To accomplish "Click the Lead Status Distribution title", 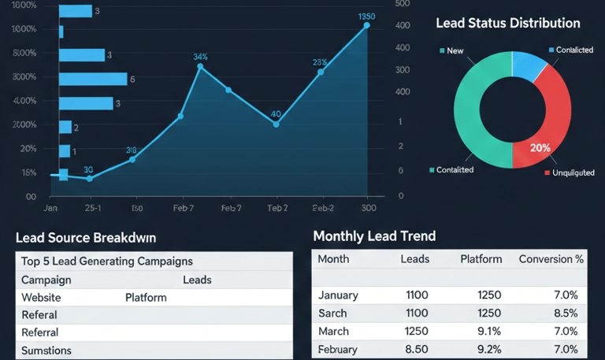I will pos(507,24).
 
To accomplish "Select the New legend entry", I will pos(455,50).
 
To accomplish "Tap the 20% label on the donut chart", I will pos(540,148).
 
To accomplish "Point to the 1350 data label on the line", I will pos(366,17).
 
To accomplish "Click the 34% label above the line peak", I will pos(200,57).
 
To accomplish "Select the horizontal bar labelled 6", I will pos(93,79).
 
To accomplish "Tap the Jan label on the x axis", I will pos(50,208).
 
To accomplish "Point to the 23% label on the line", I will pos(320,62).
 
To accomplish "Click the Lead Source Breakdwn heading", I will pos(86,236).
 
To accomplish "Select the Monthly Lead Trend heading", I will pos(374,236).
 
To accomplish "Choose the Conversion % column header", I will pos(551,258).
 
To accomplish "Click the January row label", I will pos(338,295).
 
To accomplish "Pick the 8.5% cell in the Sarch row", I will pos(564,313).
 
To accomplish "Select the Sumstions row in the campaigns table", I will pos(46,351).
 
